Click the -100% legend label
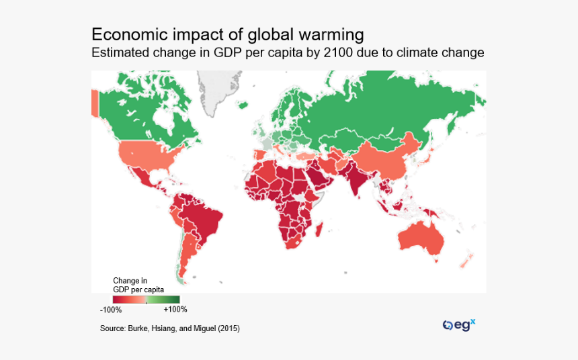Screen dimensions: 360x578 (x=111, y=310)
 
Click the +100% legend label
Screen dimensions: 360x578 (x=175, y=310)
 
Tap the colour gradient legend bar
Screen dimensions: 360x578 (x=146, y=300)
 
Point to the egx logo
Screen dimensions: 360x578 (x=459, y=324)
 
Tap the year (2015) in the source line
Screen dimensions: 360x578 (x=225, y=328)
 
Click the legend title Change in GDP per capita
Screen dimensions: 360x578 (x=138, y=285)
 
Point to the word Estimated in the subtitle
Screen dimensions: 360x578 (x=120, y=53)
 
